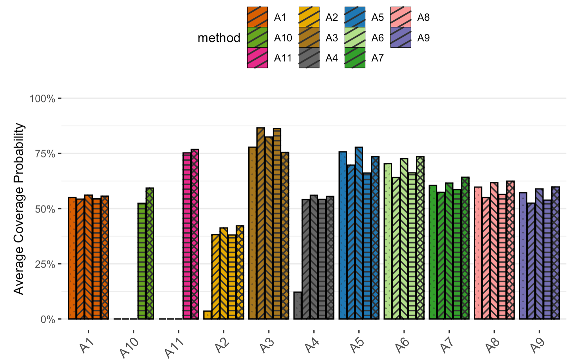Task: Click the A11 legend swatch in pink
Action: (257, 58)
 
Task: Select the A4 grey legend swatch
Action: (309, 58)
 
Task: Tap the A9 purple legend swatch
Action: (401, 37)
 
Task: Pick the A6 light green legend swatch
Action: (355, 37)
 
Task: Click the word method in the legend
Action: (219, 38)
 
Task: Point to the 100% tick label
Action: (42, 98)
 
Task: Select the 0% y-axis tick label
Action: (48, 319)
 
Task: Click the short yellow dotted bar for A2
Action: (207, 315)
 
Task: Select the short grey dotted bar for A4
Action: (298, 306)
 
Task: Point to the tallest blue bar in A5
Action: (359, 233)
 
